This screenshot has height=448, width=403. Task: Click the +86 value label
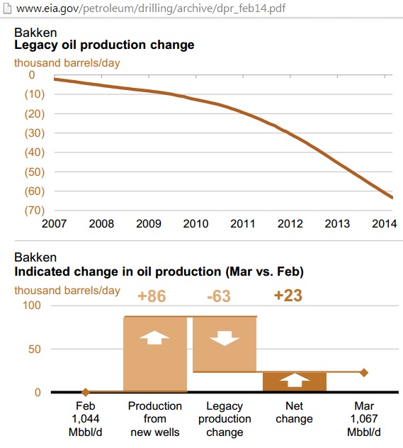152,296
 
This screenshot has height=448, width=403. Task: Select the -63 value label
219,296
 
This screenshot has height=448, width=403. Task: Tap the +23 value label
288,296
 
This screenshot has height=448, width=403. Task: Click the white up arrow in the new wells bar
154,337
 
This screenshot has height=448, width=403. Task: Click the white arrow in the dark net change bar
295,380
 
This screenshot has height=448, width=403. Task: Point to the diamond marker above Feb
85,392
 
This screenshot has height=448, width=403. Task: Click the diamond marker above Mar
364,373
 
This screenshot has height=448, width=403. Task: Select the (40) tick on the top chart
35,152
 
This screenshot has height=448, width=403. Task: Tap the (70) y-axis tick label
35,211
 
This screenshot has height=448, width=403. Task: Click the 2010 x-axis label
195,224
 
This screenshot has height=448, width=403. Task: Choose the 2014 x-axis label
385,224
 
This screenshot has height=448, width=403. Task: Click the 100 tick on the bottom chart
32,306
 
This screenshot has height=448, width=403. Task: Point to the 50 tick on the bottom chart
35,349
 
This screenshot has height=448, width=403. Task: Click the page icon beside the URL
7,9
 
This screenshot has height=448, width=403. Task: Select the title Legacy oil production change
104,45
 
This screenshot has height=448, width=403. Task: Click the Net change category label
294,413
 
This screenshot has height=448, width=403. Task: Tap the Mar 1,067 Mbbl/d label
364,419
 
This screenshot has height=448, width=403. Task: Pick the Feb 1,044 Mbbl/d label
85,419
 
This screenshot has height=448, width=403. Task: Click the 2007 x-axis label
55,224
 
